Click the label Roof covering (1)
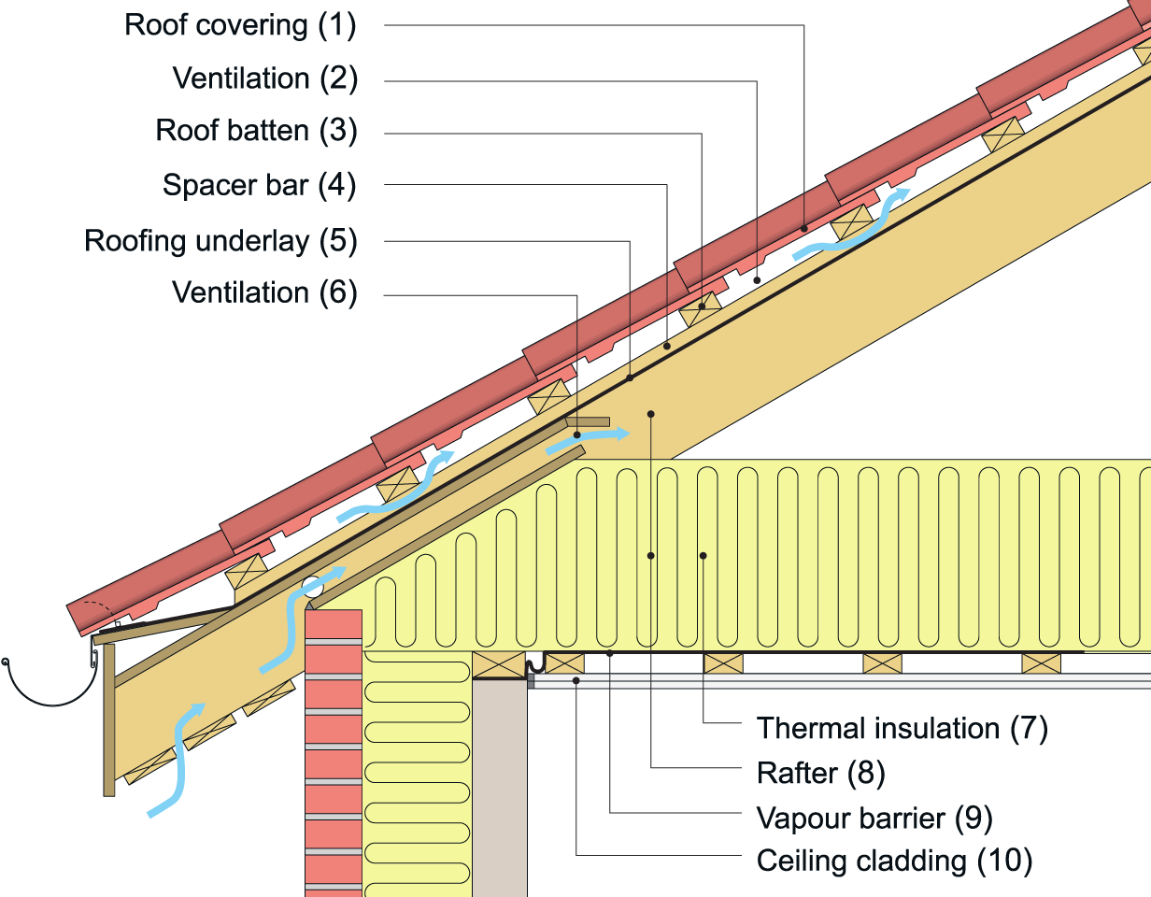240,25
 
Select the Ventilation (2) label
264,78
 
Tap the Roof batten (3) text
256,130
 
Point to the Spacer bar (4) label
259,185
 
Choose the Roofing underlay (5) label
220,241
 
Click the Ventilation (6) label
264,292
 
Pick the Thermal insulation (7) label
902,727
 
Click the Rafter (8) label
820,773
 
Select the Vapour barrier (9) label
874,819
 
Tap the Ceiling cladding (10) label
894,860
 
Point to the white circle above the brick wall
313,587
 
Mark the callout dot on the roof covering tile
804,228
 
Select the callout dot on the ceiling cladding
576,681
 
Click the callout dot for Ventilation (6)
577,435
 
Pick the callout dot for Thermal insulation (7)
703,556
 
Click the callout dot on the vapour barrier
610,654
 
